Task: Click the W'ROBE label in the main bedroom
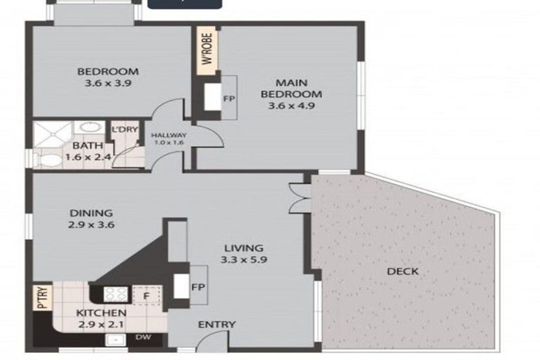pyautogui.click(x=208, y=50)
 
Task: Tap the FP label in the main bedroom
pyautogui.click(x=228, y=98)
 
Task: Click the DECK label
pyautogui.click(x=402, y=271)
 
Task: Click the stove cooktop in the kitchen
pyautogui.click(x=113, y=295)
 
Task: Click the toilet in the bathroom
pyautogui.click(x=50, y=160)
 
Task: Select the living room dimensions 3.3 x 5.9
pyautogui.click(x=243, y=259)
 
